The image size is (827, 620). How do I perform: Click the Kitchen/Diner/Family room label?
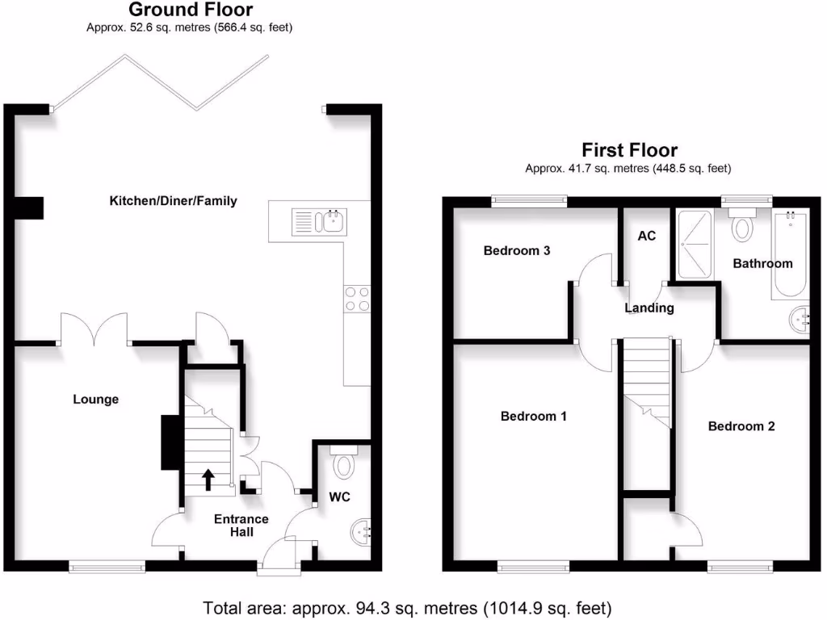(x=173, y=201)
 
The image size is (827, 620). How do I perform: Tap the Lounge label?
(x=95, y=400)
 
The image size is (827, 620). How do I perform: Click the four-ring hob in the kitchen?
(x=357, y=300)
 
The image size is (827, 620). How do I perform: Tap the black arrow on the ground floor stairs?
(x=208, y=480)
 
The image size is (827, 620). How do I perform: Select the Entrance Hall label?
(x=241, y=526)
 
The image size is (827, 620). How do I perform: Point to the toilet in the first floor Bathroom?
(x=741, y=225)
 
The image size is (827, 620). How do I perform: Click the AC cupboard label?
(x=647, y=237)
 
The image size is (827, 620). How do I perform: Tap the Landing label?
(x=649, y=308)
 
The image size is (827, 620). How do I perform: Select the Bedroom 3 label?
(x=517, y=251)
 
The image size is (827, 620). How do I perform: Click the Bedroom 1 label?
(x=533, y=417)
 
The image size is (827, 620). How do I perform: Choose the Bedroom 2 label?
(x=741, y=426)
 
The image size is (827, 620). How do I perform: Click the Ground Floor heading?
(x=191, y=10)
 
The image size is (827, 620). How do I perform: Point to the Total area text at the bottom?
(x=407, y=607)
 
